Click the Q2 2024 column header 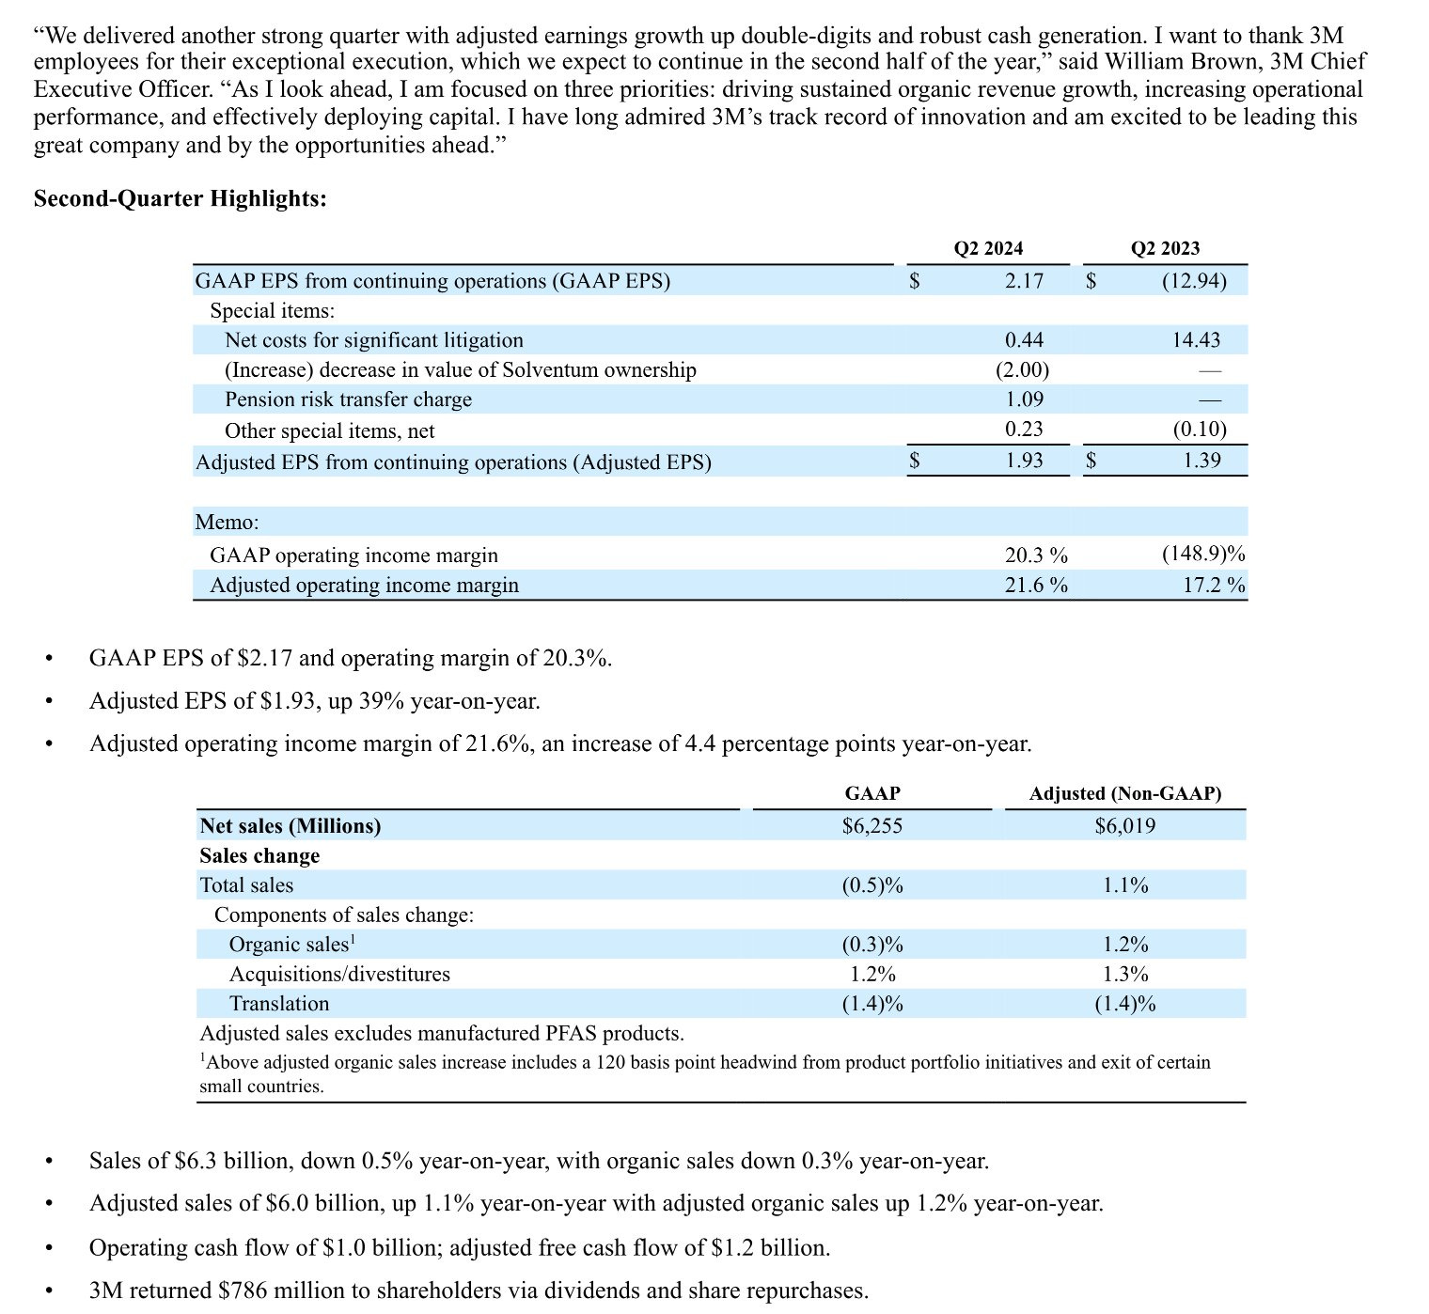[x=988, y=248]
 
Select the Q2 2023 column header [x=1165, y=248]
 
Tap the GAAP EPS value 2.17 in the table [x=1024, y=281]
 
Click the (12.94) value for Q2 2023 [x=1194, y=281]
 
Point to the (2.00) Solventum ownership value [x=1022, y=369]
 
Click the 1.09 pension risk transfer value [x=1024, y=399]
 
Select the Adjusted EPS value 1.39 [x=1201, y=461]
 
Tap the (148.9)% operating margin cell [x=1203, y=555]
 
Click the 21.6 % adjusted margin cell [x=1036, y=585]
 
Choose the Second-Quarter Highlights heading [x=181, y=198]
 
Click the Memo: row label [x=227, y=522]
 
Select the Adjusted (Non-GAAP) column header [x=1125, y=793]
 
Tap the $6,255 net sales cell [x=872, y=826]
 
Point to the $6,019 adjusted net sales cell [x=1125, y=826]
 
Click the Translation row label [x=279, y=1004]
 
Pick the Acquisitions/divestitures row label [x=339, y=974]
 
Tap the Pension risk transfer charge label [x=348, y=399]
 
